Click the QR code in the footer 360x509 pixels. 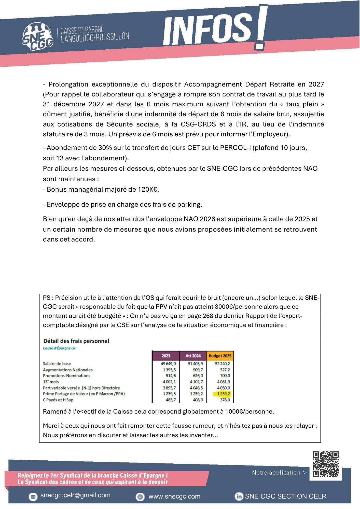point(326,464)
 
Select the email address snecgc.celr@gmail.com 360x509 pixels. point(75,495)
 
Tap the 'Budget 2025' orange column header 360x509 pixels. point(220,356)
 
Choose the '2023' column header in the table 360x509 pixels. point(166,356)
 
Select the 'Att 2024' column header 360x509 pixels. point(193,356)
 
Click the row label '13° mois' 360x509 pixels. point(51,382)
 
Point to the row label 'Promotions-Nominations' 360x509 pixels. point(66,376)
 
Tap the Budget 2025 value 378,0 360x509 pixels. point(225,400)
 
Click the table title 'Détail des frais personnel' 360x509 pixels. point(76,341)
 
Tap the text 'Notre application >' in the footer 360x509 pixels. point(279,473)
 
